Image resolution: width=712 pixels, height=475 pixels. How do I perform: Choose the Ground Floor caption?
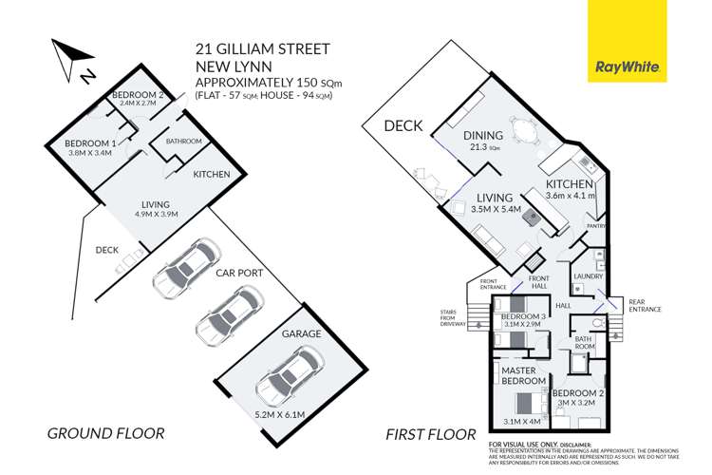pyautogui.click(x=106, y=433)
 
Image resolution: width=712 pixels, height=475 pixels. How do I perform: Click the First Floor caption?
pyautogui.click(x=430, y=433)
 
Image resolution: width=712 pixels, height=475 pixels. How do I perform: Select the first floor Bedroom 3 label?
pyautogui.click(x=523, y=315)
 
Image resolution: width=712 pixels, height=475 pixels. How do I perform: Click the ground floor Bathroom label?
pyautogui.click(x=183, y=142)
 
